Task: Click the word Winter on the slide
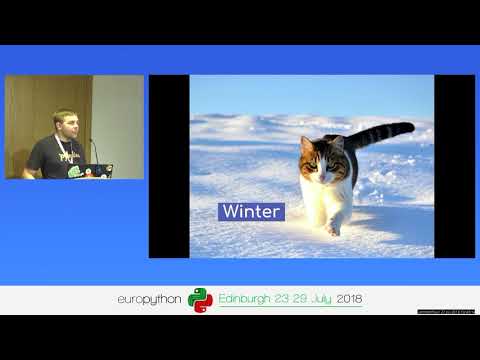tap(251, 212)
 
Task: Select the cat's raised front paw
tap(334, 227)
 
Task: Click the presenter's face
tap(64, 125)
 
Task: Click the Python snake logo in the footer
tap(201, 300)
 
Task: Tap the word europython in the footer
tap(150, 299)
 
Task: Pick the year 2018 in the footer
tap(349, 299)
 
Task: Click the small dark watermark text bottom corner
tap(445, 311)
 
